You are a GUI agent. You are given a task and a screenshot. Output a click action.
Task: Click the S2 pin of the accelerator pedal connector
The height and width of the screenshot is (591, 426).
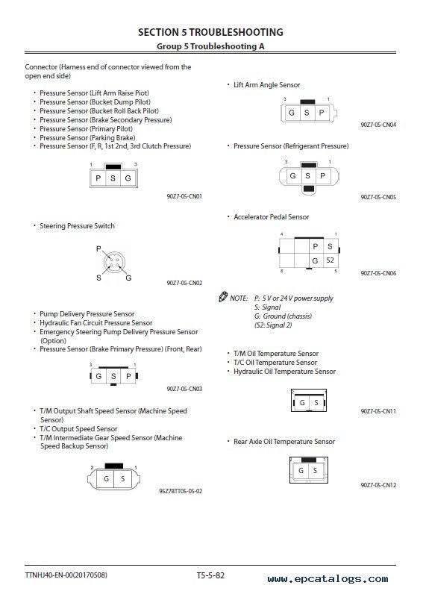coord(330,260)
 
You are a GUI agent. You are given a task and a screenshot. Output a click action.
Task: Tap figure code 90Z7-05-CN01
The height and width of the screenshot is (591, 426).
coord(184,196)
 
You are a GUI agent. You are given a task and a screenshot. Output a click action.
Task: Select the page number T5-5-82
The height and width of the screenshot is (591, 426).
coord(210,575)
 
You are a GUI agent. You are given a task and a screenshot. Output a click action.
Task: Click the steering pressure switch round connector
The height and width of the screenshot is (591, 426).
coord(114,262)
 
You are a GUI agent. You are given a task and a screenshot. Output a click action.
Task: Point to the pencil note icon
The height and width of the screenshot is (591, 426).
coord(223,297)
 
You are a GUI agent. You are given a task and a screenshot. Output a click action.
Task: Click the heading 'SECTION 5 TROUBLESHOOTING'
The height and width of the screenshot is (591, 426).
coord(210,32)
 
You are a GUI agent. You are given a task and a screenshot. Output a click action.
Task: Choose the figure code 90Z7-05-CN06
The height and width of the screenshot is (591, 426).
coord(378,273)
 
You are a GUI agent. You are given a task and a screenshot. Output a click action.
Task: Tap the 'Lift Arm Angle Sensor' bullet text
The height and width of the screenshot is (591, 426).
coord(267,85)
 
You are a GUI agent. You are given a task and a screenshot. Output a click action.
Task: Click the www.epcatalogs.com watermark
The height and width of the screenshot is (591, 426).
coord(328,579)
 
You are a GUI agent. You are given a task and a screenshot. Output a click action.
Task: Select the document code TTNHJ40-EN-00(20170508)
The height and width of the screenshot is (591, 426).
coord(66,575)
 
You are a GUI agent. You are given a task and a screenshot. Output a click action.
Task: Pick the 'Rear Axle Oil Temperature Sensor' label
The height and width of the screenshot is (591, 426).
coord(284,441)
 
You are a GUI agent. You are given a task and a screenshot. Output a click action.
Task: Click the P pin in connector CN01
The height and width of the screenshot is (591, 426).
coord(98,178)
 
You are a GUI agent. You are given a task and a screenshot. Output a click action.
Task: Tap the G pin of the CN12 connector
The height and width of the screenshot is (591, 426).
coord(301,470)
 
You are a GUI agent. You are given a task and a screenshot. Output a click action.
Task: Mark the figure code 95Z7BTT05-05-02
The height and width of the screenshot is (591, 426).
coord(181,491)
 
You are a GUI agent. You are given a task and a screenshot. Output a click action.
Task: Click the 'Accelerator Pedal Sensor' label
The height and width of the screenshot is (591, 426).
coord(272,216)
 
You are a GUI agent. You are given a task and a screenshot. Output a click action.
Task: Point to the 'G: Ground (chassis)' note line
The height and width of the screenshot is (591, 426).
coord(283,316)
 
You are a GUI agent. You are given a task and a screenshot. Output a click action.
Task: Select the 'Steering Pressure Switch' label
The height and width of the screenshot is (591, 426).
coord(77,226)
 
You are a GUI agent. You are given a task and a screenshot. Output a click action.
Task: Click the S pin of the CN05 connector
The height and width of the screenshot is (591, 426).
coord(307,175)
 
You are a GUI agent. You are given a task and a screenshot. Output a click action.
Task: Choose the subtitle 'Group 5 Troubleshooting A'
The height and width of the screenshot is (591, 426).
coord(210,46)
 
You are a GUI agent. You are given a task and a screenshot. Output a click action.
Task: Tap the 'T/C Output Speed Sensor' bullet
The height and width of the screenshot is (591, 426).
coord(78,429)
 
